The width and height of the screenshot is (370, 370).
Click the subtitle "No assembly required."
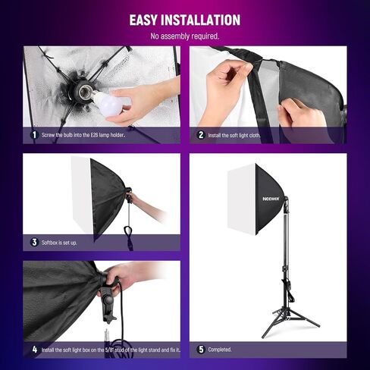coord(185,36)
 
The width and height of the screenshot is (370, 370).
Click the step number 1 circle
coord(33,135)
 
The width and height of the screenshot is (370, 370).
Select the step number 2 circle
coord(201,135)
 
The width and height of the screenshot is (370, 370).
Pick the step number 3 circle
coord(33,243)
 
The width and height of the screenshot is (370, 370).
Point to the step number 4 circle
coord(33,350)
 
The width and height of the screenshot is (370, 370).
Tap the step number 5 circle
coord(201,350)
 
